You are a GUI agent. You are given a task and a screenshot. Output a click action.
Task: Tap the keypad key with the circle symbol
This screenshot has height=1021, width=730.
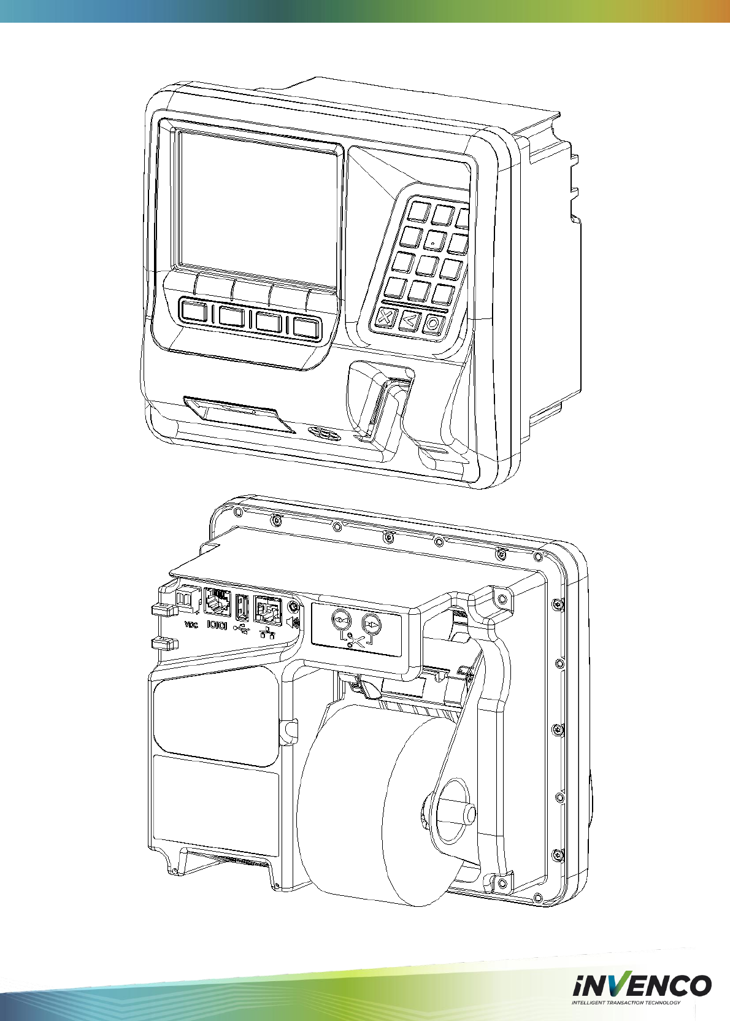433,323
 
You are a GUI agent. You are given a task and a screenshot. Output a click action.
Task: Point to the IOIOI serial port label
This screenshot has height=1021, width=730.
217,625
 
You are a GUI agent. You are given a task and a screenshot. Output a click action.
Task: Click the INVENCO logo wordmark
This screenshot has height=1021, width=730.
642,986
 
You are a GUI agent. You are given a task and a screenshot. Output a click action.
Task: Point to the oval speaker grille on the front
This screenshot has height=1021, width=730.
325,433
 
